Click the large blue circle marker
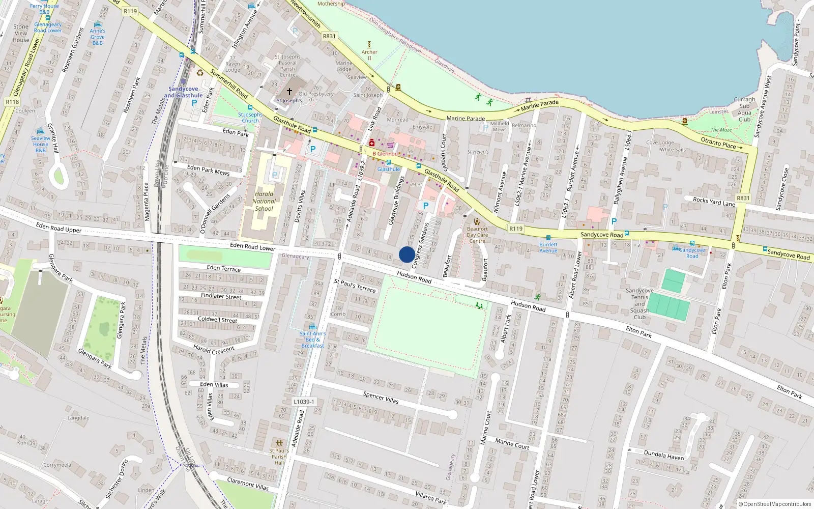406,254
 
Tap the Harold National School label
264,201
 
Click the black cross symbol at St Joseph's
289,92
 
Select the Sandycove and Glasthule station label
183,92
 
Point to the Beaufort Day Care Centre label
477,235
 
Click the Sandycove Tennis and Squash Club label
639,304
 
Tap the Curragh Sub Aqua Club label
744,109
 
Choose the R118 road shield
12,102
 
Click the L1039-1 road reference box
304,402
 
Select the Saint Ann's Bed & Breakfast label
312,340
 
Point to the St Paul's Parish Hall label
279,456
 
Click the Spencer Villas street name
381,398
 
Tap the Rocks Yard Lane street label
714,202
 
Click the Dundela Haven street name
663,455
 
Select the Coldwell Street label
217,320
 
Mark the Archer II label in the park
369,54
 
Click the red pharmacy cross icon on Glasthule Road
372,143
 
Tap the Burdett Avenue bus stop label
548,247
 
